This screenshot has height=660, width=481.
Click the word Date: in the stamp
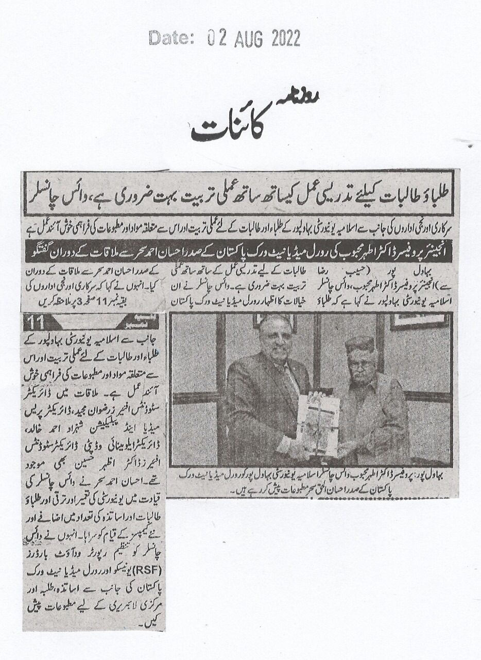(x=169, y=38)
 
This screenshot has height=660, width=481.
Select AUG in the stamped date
(x=248, y=39)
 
